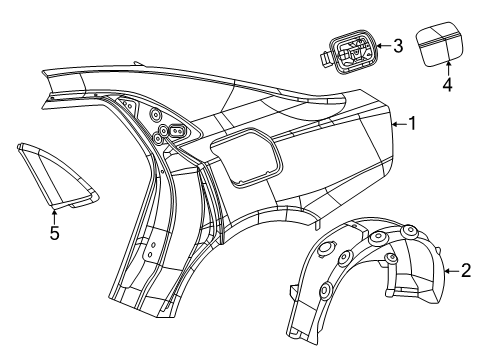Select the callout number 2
point(465,271)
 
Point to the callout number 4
point(447,85)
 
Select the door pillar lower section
point(140,290)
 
